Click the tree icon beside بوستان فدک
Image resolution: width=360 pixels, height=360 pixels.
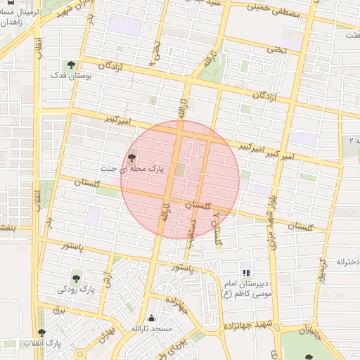[x=72, y=65]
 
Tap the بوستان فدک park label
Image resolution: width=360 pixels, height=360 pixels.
[x=69, y=75]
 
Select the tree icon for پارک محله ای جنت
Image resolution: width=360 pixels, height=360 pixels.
[x=132, y=158]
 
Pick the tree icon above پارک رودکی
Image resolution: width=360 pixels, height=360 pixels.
[x=76, y=278]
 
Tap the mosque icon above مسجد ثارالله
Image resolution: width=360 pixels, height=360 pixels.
[x=152, y=319]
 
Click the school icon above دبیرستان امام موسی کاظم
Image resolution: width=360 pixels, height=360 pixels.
[x=245, y=273]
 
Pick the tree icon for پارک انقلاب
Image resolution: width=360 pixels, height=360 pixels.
[x=42, y=333]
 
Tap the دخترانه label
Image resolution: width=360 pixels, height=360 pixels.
[x=347, y=262]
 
